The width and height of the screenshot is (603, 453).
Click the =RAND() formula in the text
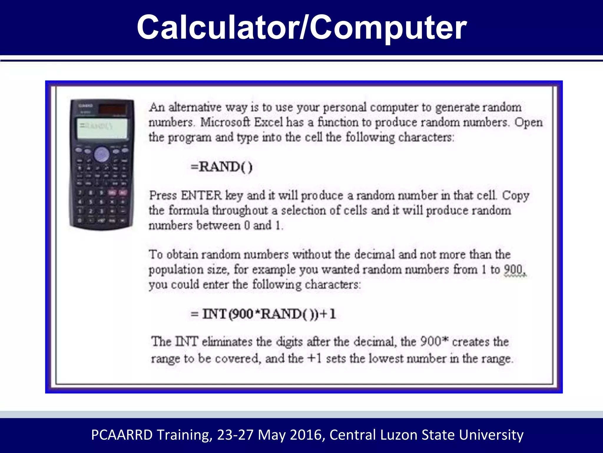coord(221,167)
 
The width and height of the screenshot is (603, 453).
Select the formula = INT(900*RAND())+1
coord(263,314)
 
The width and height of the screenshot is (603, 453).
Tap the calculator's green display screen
coord(102,128)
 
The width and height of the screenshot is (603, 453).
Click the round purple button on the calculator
coord(102,154)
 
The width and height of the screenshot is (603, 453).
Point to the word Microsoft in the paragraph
coord(225,122)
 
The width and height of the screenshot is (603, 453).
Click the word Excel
coord(268,122)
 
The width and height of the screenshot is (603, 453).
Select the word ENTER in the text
coord(201,196)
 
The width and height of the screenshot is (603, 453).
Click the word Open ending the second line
coord(529,122)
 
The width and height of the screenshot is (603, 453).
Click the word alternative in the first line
coord(195,107)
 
